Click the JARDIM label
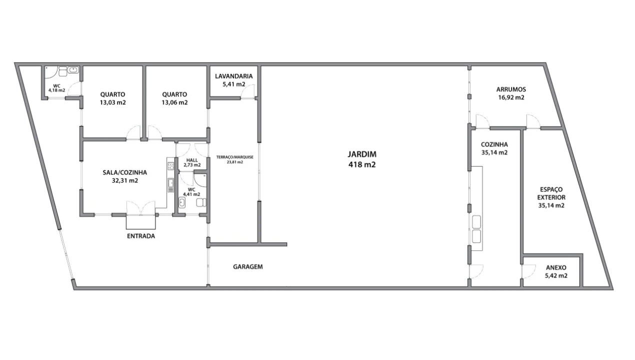click(362, 154)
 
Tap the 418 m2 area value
click(362, 164)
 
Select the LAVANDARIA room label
click(233, 76)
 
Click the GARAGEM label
click(248, 266)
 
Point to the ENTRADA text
click(141, 236)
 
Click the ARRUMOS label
click(511, 89)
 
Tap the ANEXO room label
click(556, 267)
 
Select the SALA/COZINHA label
click(124, 172)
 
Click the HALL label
click(192, 160)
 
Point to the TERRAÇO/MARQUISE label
click(234, 157)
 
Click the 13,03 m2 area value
click(112, 102)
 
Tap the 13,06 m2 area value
click(174, 102)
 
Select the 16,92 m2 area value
click(511, 97)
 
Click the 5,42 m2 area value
click(556, 275)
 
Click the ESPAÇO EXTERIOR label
click(551, 193)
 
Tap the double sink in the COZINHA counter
click(476, 229)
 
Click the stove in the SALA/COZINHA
click(170, 166)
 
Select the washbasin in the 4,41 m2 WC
click(182, 203)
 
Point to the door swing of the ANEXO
click(529, 270)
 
